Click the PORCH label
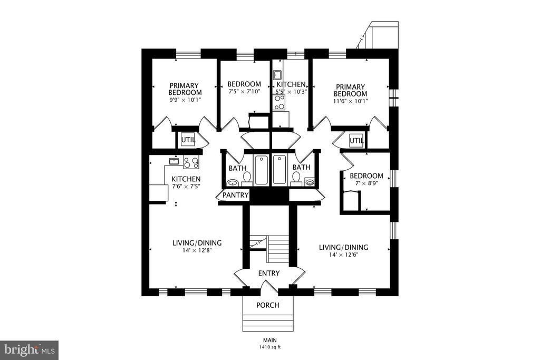point(267,305)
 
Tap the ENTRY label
point(268,273)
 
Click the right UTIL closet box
point(356,140)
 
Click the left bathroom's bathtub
point(261,170)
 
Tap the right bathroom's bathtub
point(279,170)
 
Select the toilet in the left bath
point(246,179)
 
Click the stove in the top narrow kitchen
point(279,101)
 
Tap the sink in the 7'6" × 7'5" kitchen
point(174,161)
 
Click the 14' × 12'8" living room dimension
point(197,251)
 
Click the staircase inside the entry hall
point(278,250)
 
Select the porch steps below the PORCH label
point(267,322)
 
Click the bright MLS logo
point(29,349)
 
